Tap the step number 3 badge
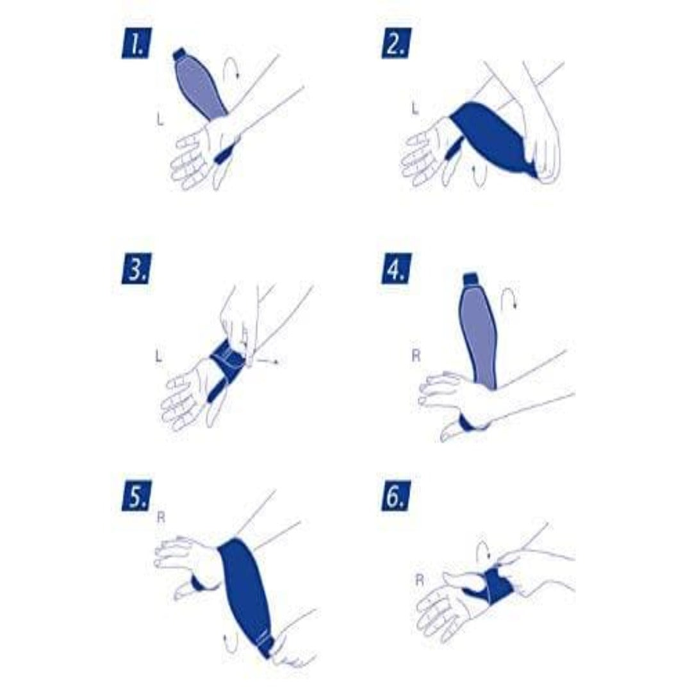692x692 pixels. point(135,268)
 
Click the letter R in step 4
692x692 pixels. point(416,354)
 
